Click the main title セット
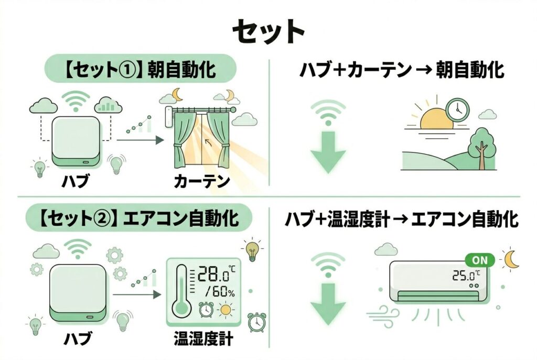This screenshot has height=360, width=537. tap(268, 32)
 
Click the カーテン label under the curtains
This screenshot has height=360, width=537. tap(202, 182)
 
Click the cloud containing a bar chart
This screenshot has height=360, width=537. tap(109, 105)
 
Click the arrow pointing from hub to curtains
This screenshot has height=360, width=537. tap(139, 140)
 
